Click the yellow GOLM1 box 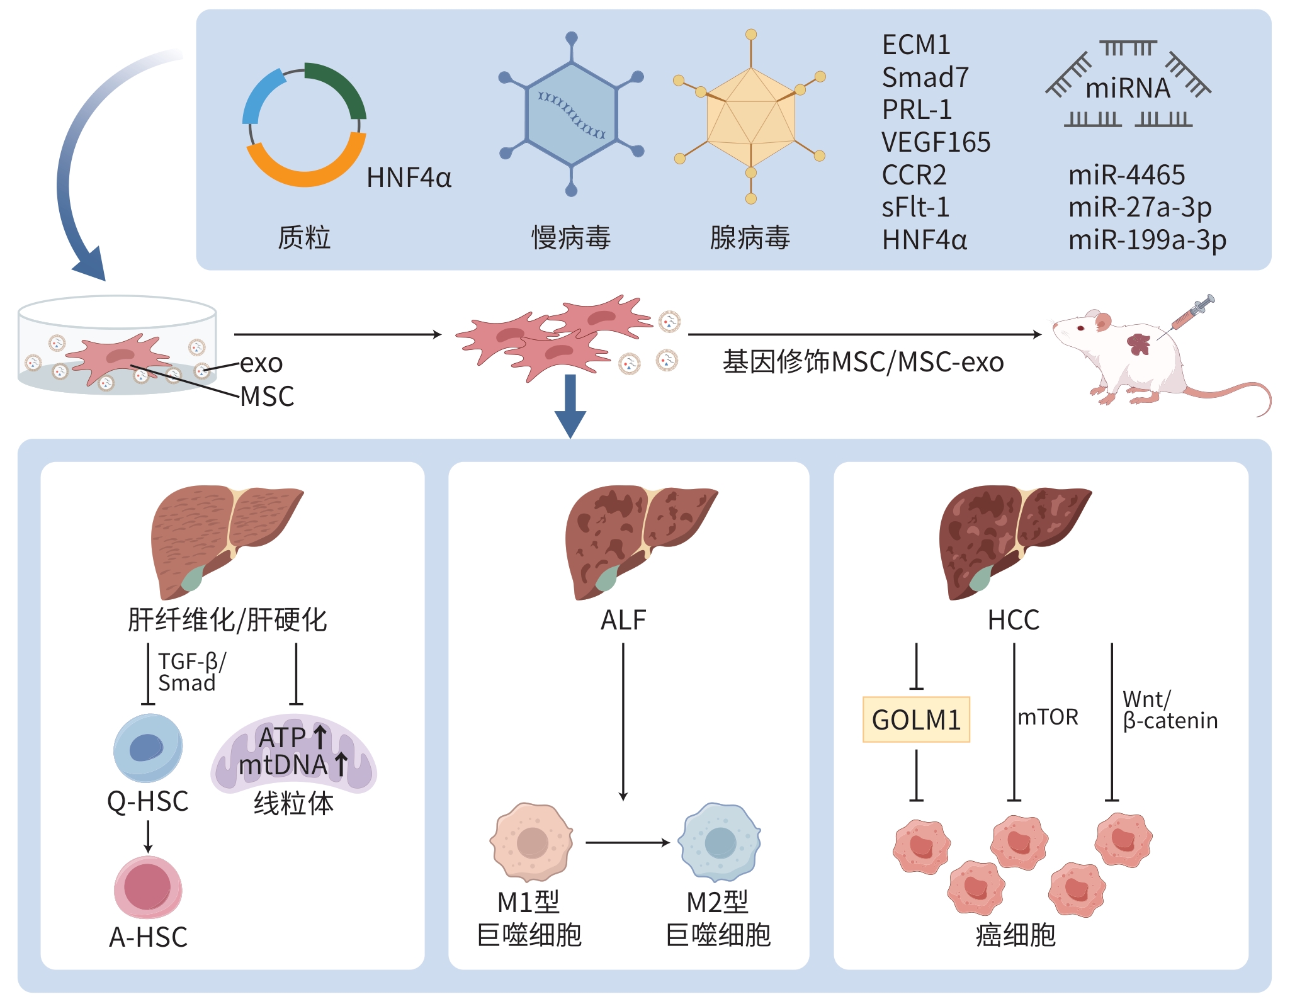point(916,719)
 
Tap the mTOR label point(1048,717)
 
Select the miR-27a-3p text point(1140,207)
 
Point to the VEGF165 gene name point(936,142)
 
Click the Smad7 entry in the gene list point(925,77)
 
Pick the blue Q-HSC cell point(148,748)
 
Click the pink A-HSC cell point(148,887)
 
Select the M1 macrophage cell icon point(532,842)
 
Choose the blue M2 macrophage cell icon point(720,842)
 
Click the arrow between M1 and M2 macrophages point(627,842)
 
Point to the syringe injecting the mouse point(1193,312)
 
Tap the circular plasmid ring point(305,125)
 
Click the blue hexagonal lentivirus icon point(571,114)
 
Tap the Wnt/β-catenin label point(1170,709)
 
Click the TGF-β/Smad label point(191,672)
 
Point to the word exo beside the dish point(261,363)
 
